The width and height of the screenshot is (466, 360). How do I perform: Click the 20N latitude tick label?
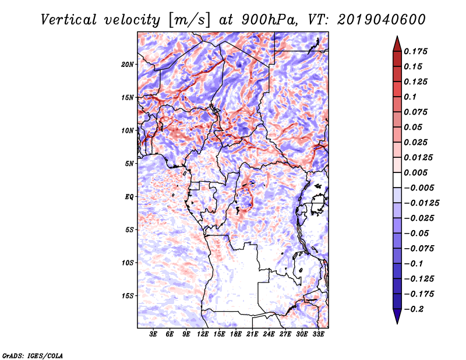(128, 64)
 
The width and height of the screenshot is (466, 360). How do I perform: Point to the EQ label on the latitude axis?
(129, 197)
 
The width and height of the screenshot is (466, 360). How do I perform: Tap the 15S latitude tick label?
(128, 296)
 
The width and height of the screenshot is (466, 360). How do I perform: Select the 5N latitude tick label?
(129, 164)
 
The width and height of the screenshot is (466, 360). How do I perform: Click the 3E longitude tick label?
(154, 335)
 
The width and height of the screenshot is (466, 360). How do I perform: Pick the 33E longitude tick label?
(318, 335)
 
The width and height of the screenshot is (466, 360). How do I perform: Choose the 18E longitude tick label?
(236, 335)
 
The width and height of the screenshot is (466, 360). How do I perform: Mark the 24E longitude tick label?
(269, 335)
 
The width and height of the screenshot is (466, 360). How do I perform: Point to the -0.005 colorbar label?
(419, 188)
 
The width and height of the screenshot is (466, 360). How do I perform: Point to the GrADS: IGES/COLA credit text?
(33, 355)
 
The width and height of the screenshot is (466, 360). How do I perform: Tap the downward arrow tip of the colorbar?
(397, 322)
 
